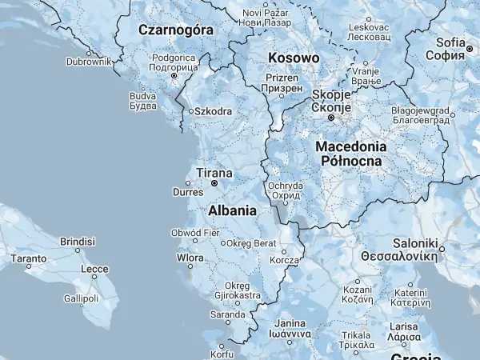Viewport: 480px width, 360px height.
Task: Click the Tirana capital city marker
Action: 214,183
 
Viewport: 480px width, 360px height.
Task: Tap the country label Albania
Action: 232,211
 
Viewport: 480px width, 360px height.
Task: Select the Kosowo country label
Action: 294,58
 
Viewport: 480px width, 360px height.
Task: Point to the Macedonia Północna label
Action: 351,154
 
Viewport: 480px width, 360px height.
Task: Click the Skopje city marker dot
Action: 330,118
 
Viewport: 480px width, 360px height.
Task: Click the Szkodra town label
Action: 213,111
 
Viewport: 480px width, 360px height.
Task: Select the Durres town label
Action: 189,193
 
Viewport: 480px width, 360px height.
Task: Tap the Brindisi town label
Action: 78,241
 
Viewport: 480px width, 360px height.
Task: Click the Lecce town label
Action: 94,270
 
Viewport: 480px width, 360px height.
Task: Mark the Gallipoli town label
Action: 81,298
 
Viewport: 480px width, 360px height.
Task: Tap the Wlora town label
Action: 190,258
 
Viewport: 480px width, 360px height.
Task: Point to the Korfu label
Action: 221,354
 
